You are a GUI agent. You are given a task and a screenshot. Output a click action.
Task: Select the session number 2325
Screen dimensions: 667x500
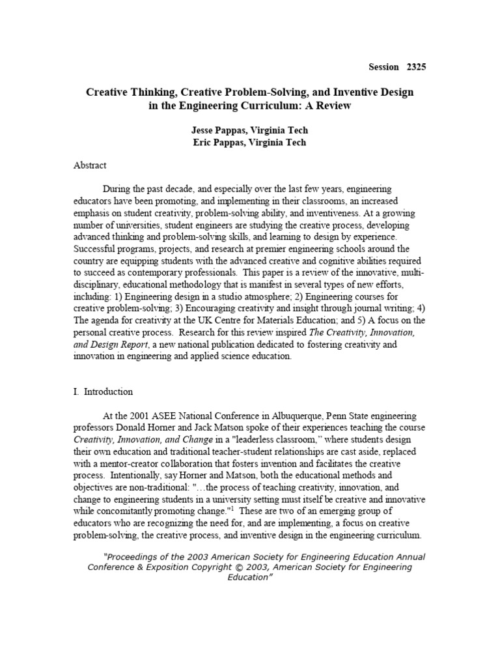point(417,66)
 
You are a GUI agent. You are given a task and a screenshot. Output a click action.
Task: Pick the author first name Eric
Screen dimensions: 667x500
point(202,143)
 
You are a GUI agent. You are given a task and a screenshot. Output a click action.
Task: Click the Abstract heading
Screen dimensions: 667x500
point(90,165)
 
